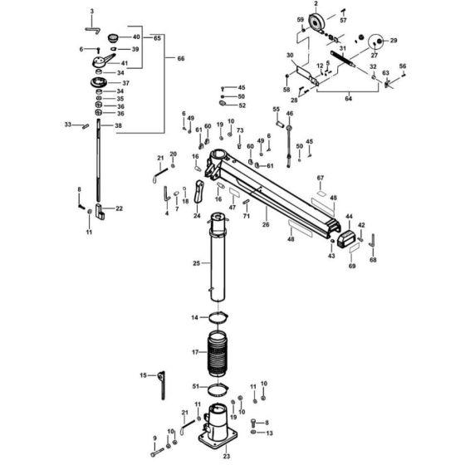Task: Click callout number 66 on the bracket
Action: tap(171, 58)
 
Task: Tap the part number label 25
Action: tap(196, 264)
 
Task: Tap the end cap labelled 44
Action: tap(345, 239)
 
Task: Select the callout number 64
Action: tap(349, 99)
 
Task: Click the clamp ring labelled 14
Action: tap(217, 318)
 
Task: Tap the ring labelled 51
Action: tap(217, 388)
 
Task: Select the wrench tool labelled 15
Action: tap(161, 384)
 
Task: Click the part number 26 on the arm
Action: tap(266, 224)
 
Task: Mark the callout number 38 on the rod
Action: tap(118, 126)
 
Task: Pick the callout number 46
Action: tap(290, 113)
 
